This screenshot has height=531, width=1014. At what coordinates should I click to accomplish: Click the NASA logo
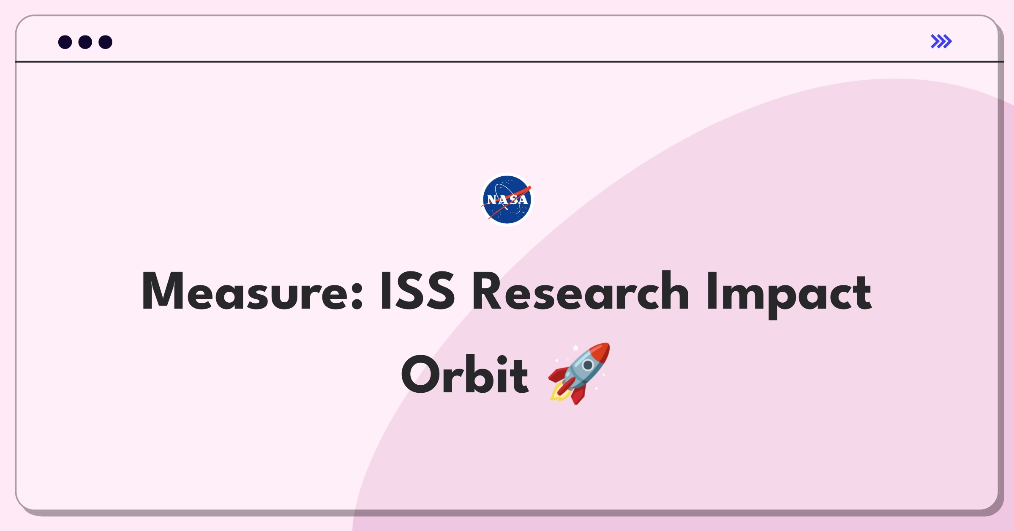[x=507, y=200]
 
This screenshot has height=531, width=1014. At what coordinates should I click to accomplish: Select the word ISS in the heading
[x=417, y=291]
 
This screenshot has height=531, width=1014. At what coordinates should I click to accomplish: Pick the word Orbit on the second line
[x=465, y=374]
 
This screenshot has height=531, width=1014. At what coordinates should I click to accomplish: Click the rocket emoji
[x=579, y=373]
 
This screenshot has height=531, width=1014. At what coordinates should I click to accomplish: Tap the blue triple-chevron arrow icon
[x=941, y=41]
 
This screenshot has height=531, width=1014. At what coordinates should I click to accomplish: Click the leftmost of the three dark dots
[x=65, y=42]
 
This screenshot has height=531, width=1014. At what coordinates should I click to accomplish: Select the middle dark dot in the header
[x=85, y=42]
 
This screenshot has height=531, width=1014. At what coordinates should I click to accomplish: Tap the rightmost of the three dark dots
[x=105, y=42]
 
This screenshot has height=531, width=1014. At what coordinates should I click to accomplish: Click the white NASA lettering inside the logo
[x=507, y=200]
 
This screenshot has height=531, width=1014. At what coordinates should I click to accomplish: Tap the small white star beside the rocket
[x=575, y=348]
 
